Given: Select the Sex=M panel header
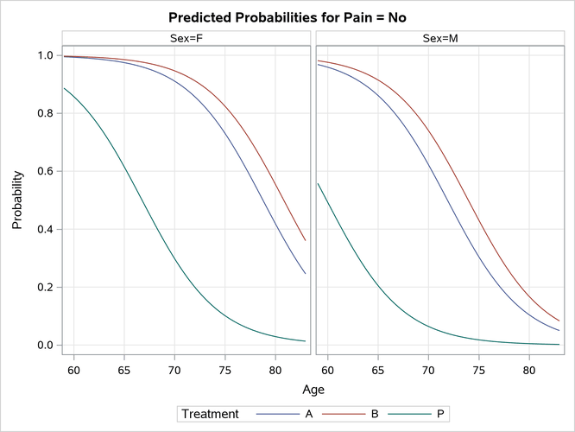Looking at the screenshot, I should coord(439,38).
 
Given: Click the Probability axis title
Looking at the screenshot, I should coord(17,200).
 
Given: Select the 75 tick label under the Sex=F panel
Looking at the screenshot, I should coord(225,366).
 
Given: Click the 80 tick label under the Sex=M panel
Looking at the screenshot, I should coord(529,366).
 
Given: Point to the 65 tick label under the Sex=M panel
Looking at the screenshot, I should coord(378,366).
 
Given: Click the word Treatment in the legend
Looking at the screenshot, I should coord(210,415).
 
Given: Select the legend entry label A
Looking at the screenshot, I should coord(309,415).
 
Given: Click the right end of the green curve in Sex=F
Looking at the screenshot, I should coord(306,341).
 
